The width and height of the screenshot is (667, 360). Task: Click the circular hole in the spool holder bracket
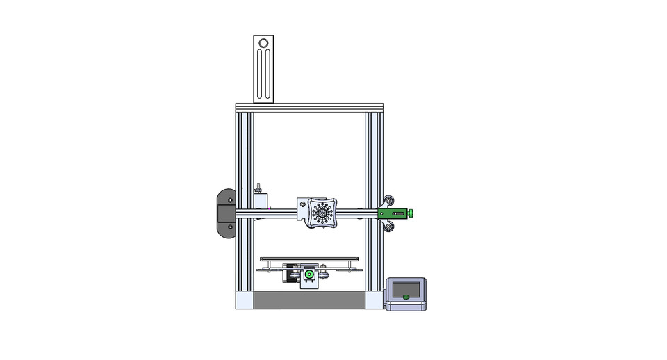click(263, 44)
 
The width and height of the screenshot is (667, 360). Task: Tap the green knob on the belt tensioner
click(411, 213)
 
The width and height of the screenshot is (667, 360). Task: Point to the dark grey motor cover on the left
click(227, 213)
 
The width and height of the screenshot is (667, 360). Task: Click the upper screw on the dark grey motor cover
click(230, 199)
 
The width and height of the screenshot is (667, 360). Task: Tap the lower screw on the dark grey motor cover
click(230, 227)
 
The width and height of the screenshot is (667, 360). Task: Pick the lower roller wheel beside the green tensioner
click(390, 227)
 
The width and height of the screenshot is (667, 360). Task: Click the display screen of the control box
click(406, 287)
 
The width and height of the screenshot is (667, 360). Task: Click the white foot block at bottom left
click(244, 300)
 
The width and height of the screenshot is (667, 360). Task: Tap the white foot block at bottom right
click(374, 300)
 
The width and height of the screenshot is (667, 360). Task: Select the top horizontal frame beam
click(308, 108)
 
